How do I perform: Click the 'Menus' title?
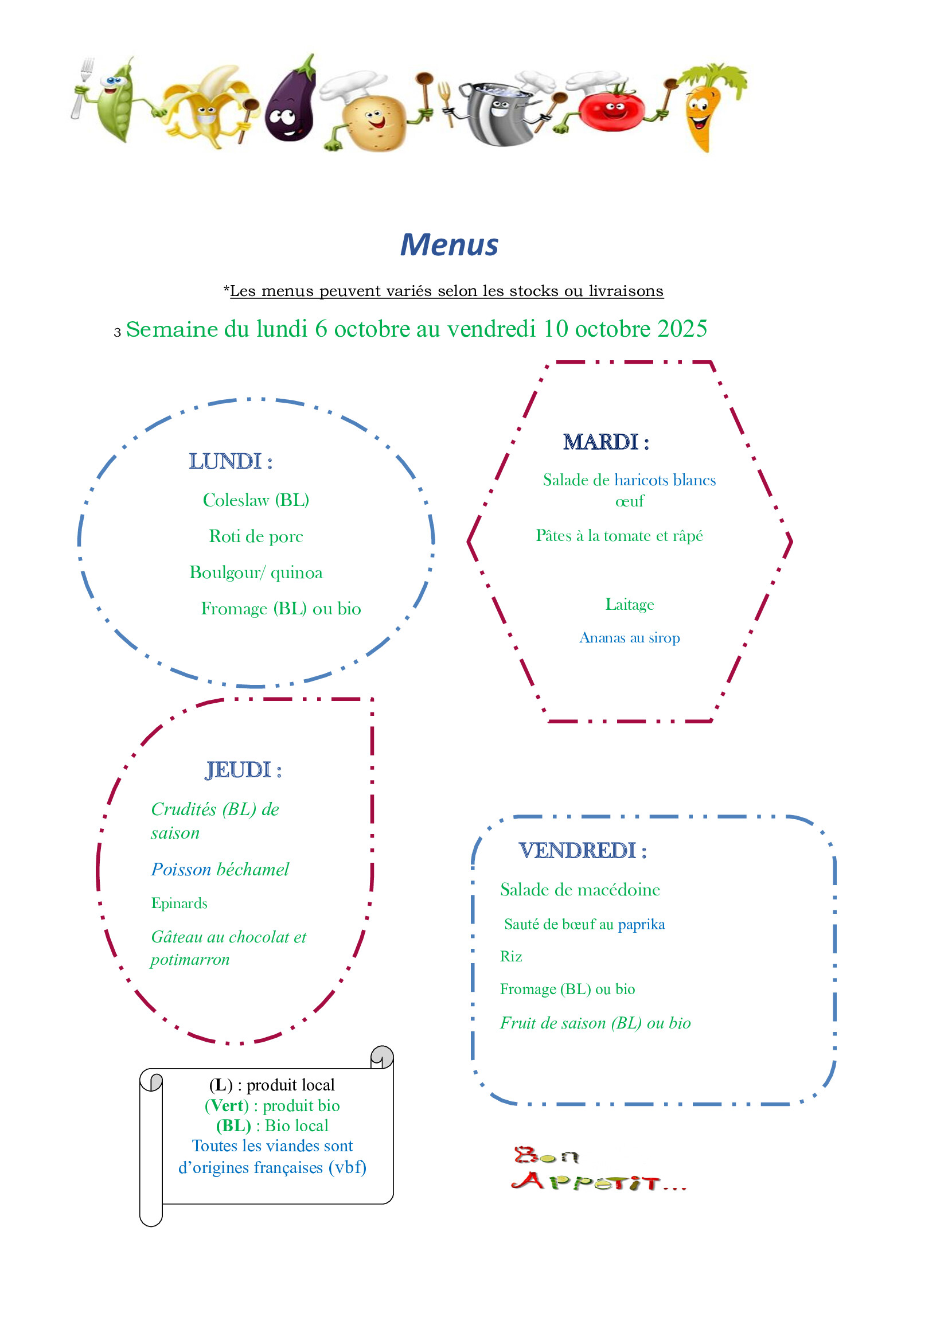coord(449,244)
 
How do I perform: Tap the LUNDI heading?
coord(231,461)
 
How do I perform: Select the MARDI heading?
coord(606,442)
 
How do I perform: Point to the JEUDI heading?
coord(243,770)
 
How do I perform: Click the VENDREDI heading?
coord(583,851)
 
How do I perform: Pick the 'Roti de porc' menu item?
coord(256,536)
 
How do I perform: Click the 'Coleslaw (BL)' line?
coord(256,500)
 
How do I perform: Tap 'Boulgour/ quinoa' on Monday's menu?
coord(256,572)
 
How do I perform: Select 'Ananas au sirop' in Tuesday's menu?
coord(629,638)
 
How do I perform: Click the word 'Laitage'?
coord(629,604)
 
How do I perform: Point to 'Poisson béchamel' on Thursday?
coord(220,870)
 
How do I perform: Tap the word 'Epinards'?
coord(179,903)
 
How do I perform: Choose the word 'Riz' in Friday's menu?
coord(511,956)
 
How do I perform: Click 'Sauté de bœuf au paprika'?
coord(584,924)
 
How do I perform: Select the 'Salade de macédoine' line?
coord(580,890)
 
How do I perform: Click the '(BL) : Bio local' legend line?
coord(272,1125)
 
